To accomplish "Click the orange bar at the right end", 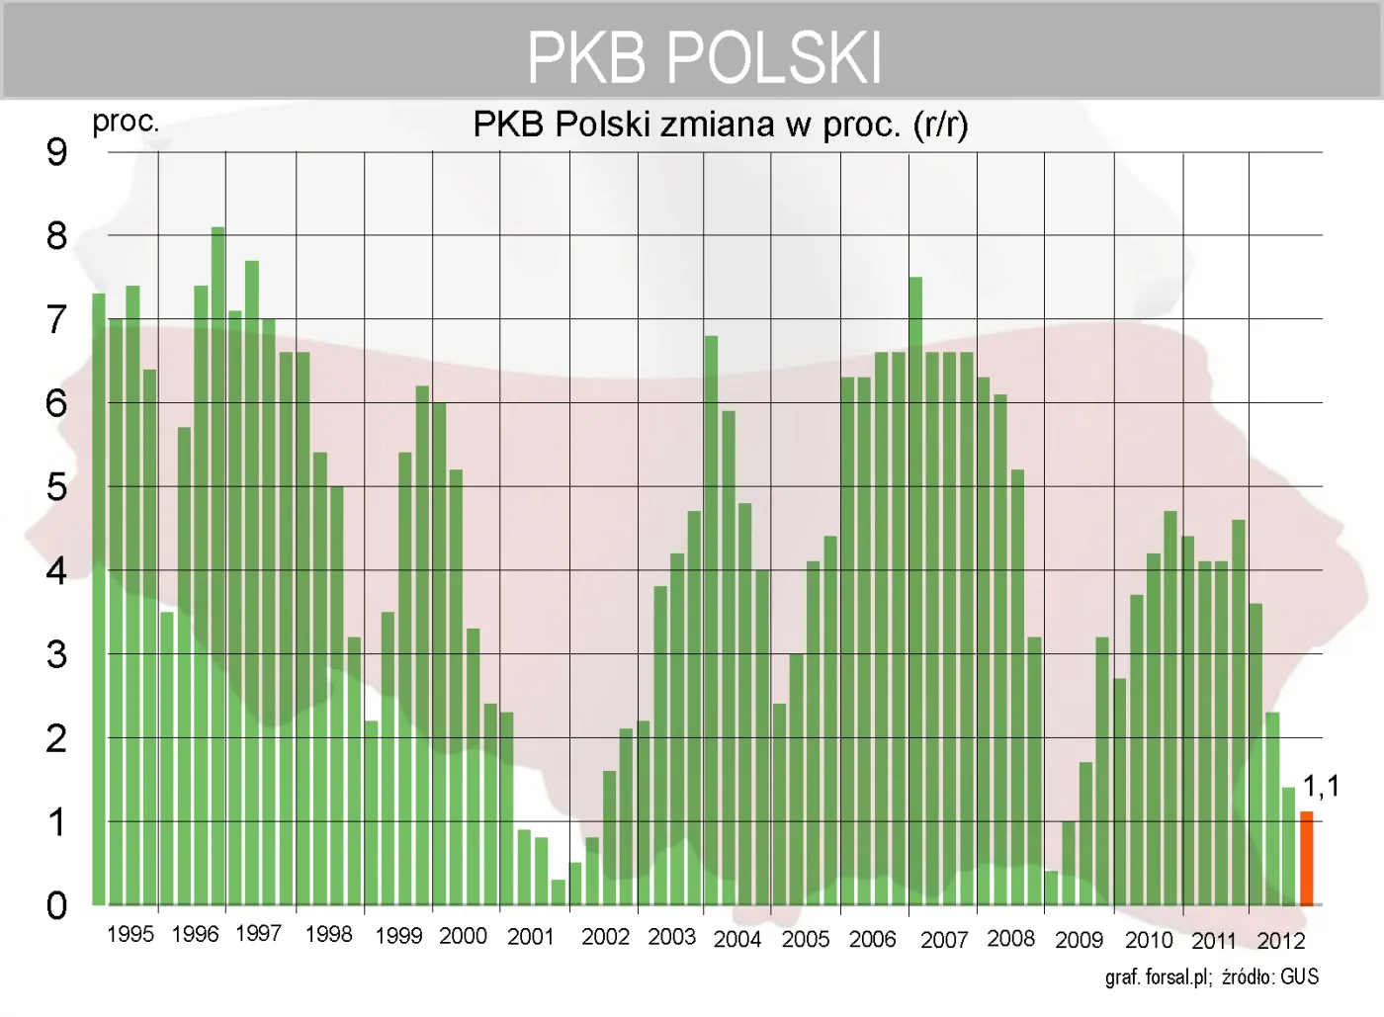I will (1306, 858).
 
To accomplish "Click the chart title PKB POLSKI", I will (704, 56).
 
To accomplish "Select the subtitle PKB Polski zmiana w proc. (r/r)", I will (721, 125).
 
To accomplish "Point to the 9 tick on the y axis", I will (56, 151).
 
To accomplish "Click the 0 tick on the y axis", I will (56, 905).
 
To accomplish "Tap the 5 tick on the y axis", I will (56, 486).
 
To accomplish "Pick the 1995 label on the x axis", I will (130, 934).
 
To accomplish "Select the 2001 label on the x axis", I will (531, 936).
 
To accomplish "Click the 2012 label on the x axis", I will (1281, 940).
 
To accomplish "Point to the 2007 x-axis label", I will (944, 940).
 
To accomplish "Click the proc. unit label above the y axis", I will (126, 122).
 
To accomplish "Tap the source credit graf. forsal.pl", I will (1158, 977).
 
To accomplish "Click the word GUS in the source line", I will (1299, 977).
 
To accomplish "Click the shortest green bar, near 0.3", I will (558, 891).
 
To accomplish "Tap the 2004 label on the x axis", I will (737, 939).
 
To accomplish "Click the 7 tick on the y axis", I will (56, 319).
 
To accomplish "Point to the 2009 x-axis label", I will (1079, 940).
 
